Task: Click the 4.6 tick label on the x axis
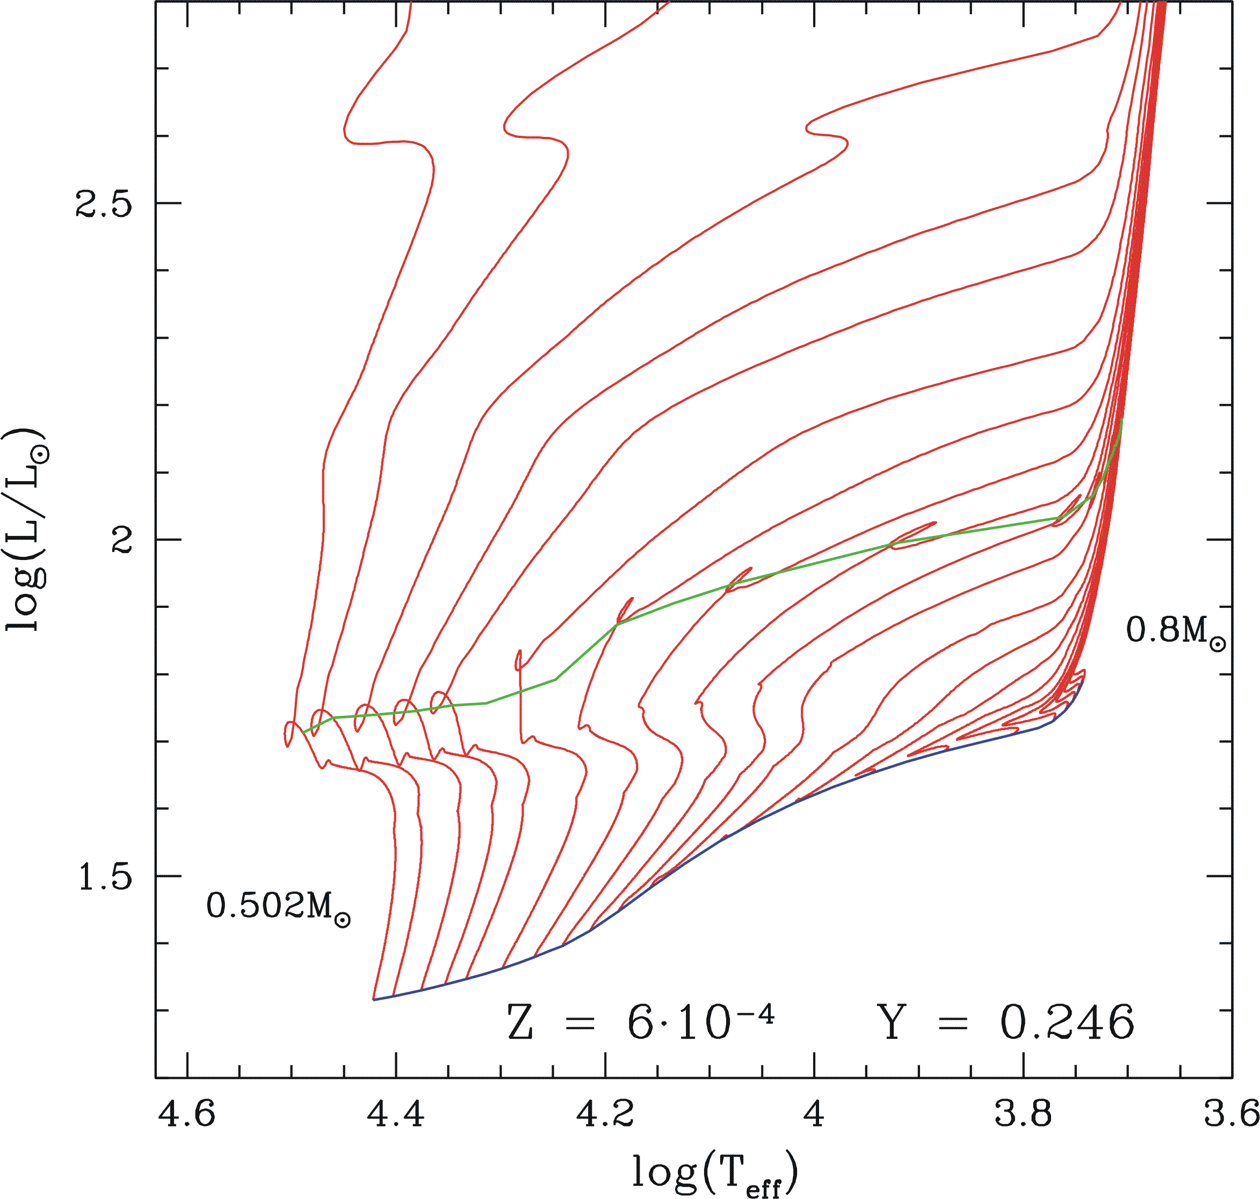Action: pyautogui.click(x=187, y=1115)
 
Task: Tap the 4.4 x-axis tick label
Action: pyautogui.click(x=396, y=1115)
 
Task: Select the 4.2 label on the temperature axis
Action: pyautogui.click(x=605, y=1115)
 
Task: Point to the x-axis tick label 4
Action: pyautogui.click(x=814, y=1115)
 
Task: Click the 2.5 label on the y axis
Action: pyautogui.click(x=104, y=204)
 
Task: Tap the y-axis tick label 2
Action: pyautogui.click(x=121, y=540)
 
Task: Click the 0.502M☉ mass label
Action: pyautogui.click(x=278, y=907)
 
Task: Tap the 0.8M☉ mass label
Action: pyautogui.click(x=1176, y=631)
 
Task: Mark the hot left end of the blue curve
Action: pyautogui.click(x=374, y=999)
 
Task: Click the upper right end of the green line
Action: pyautogui.click(x=1123, y=419)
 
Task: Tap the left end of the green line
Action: pyautogui.click(x=305, y=732)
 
